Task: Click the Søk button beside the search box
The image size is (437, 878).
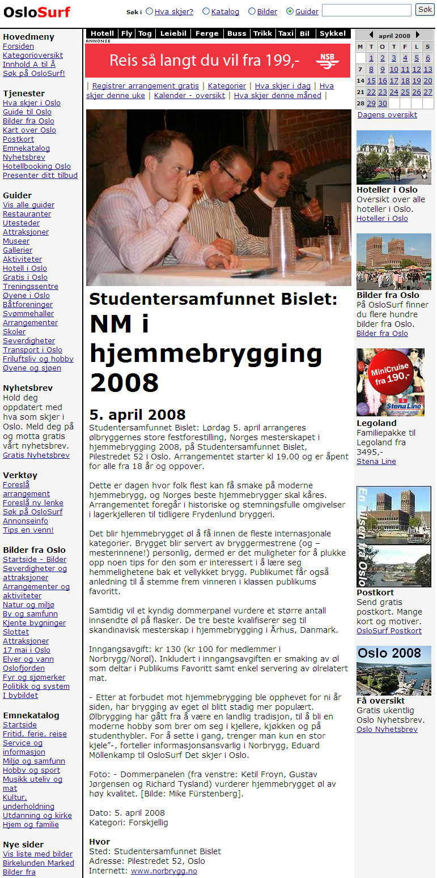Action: pos(425,10)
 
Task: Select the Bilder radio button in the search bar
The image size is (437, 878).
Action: pos(252,11)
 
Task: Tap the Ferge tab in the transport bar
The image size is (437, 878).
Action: pos(207,33)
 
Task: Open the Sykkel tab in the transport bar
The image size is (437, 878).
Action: pos(333,33)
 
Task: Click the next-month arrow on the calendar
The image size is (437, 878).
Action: pos(418,35)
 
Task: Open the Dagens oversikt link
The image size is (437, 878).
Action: pos(387,114)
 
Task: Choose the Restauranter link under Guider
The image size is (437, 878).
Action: pos(27,214)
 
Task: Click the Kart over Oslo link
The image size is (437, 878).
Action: pos(29,130)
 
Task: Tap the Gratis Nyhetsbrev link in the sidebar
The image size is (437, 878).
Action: pos(36,455)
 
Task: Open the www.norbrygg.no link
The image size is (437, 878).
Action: pos(164,871)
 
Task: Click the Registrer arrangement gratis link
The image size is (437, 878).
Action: pos(146,86)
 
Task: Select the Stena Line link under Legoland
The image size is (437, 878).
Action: pos(376,461)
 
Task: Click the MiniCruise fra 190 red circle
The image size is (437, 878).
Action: pos(389,373)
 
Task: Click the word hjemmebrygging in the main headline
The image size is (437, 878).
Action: pos(206,353)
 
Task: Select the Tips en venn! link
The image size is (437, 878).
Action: pos(28,530)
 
